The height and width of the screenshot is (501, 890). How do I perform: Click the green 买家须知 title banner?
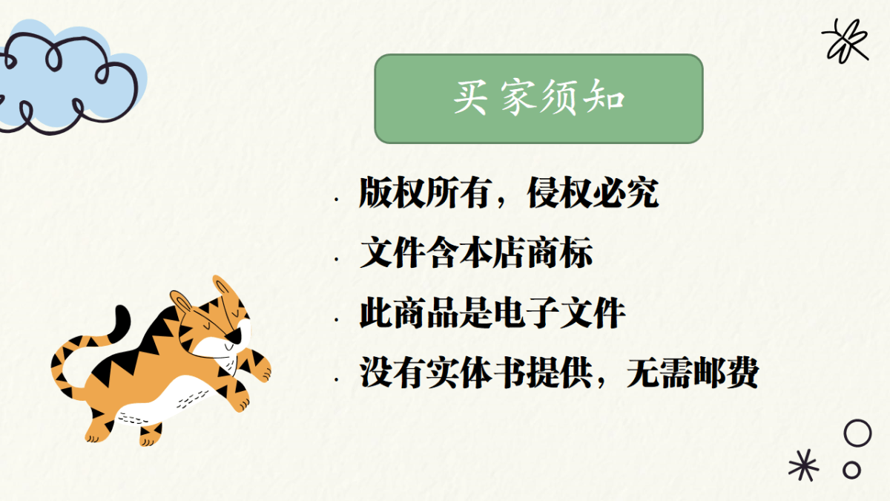(x=538, y=99)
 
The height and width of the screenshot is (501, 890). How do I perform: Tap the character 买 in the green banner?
(x=470, y=98)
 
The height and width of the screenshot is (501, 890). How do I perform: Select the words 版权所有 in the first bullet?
(x=424, y=193)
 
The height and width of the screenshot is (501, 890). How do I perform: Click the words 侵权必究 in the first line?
(x=593, y=193)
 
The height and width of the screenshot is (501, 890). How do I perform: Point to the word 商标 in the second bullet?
(x=559, y=252)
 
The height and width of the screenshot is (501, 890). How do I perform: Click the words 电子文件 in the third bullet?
(x=559, y=313)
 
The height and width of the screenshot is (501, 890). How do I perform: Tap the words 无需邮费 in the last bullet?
(x=693, y=373)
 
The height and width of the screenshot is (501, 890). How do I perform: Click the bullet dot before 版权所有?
(x=337, y=199)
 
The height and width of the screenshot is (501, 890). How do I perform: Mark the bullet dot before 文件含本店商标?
(x=337, y=259)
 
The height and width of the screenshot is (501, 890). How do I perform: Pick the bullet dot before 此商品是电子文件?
(x=337, y=319)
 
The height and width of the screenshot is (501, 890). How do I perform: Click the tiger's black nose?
(x=235, y=336)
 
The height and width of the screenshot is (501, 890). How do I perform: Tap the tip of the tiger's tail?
(x=121, y=309)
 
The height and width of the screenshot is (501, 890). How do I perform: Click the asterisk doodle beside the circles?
(x=803, y=465)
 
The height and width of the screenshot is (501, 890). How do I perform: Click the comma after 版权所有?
(x=501, y=203)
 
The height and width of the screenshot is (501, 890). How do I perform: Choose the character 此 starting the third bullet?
(x=376, y=313)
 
